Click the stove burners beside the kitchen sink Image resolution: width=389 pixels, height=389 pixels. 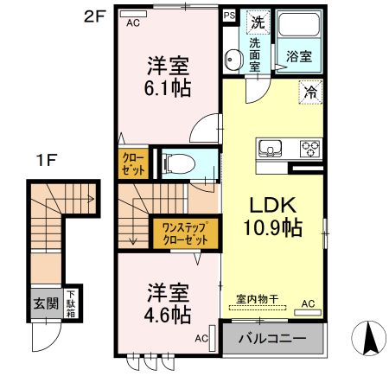pyautogui.click(x=309, y=149)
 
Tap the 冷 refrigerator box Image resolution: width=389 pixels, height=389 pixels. pyautogui.click(x=309, y=90)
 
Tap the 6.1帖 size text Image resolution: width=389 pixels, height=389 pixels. pyautogui.click(x=168, y=86)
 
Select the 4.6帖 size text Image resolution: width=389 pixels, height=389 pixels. pyautogui.click(x=167, y=315)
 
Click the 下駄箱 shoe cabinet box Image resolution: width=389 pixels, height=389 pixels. pyautogui.click(x=69, y=304)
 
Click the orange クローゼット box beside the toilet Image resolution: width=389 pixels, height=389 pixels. pyautogui.click(x=133, y=164)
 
